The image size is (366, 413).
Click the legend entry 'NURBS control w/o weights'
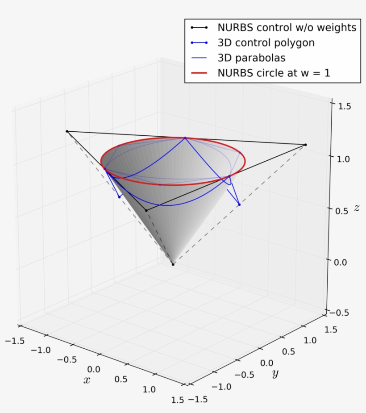coord(287,27)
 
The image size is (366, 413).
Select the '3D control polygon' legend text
coord(266,43)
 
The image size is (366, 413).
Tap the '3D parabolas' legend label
coord(251,58)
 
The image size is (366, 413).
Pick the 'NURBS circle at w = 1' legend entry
coord(274,73)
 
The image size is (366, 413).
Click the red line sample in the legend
coord(199,73)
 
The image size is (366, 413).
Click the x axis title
coord(87,380)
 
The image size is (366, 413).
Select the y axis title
coord(275,373)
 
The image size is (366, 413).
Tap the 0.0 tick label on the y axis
coord(266,363)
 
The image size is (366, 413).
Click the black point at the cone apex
coord(173,264)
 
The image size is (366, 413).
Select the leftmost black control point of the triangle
coord(67,131)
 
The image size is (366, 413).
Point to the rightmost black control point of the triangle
coord(305,145)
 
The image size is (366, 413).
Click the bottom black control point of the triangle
coord(146,210)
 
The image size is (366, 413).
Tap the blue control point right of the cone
coord(239,204)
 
